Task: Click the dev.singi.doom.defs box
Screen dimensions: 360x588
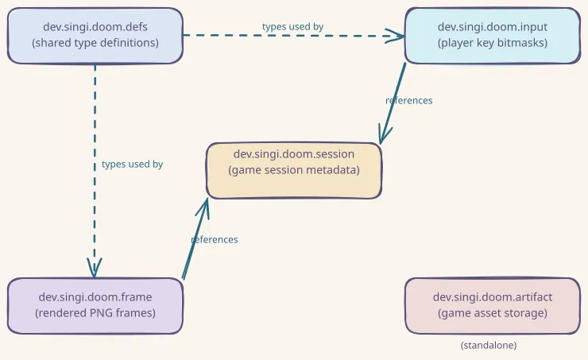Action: click(x=95, y=35)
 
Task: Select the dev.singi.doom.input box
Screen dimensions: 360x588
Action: click(x=492, y=35)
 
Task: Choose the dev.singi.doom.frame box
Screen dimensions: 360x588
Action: click(x=95, y=305)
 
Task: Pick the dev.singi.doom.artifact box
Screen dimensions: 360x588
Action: click(x=492, y=305)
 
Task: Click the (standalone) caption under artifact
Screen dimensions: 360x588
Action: click(x=488, y=346)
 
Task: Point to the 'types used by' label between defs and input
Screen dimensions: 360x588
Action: click(x=292, y=26)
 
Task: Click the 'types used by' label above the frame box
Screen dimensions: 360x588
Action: click(x=132, y=165)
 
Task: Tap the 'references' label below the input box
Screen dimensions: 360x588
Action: click(x=408, y=101)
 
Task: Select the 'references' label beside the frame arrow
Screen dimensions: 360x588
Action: click(x=215, y=239)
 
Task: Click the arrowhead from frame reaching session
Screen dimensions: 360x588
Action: click(x=206, y=205)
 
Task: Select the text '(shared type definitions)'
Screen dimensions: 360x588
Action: click(x=95, y=43)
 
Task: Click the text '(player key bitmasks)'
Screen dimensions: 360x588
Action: click(x=492, y=43)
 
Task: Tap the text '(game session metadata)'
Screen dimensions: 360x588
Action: click(x=294, y=170)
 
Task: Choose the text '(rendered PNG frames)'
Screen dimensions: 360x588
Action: click(x=95, y=313)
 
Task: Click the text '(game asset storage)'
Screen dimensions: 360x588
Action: click(x=492, y=313)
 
